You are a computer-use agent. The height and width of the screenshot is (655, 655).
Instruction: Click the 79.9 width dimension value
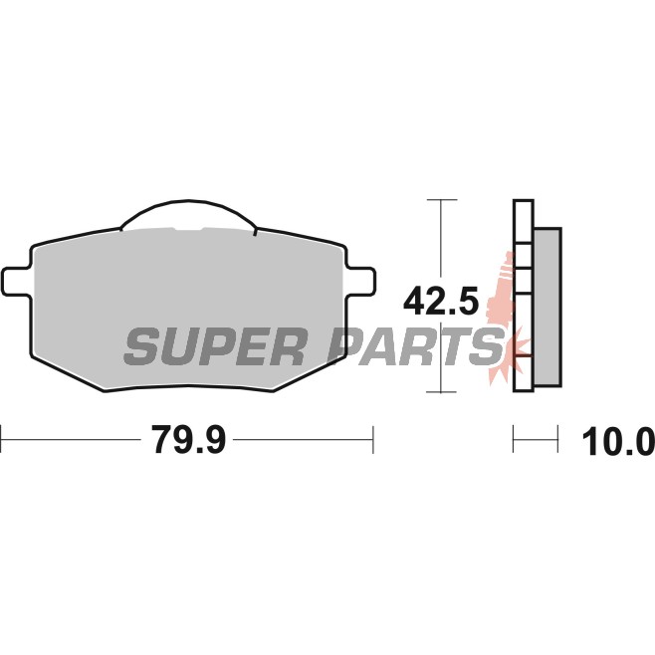188,439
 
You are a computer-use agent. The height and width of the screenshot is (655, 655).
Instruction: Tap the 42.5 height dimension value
441,301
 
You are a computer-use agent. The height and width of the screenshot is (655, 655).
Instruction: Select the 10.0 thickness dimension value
618,442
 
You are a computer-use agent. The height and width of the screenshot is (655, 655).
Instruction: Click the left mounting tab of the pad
17,282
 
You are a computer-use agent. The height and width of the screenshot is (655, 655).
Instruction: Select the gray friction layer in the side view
547,307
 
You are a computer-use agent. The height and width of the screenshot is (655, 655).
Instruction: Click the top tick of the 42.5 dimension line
442,200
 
